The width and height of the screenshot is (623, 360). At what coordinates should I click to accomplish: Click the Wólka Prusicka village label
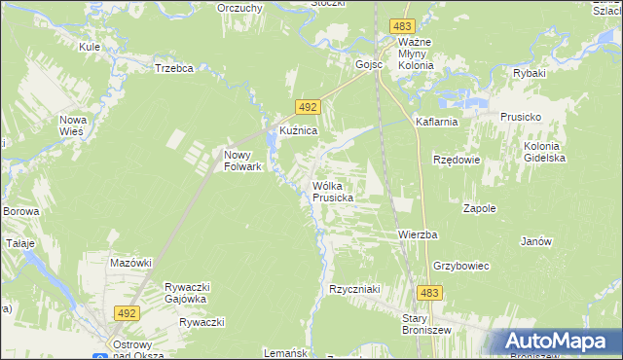[332, 191]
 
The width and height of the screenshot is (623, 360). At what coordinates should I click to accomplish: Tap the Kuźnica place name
[298, 129]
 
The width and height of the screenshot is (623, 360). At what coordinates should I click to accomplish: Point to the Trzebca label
[175, 68]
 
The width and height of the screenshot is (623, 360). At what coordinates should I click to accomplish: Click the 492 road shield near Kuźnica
[307, 107]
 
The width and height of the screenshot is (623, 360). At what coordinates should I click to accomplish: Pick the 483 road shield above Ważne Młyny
[401, 25]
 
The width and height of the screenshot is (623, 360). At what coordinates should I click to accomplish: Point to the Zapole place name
[479, 208]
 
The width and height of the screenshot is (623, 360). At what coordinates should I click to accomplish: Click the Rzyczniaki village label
[352, 288]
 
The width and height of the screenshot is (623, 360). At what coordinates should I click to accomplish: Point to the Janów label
[536, 241]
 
